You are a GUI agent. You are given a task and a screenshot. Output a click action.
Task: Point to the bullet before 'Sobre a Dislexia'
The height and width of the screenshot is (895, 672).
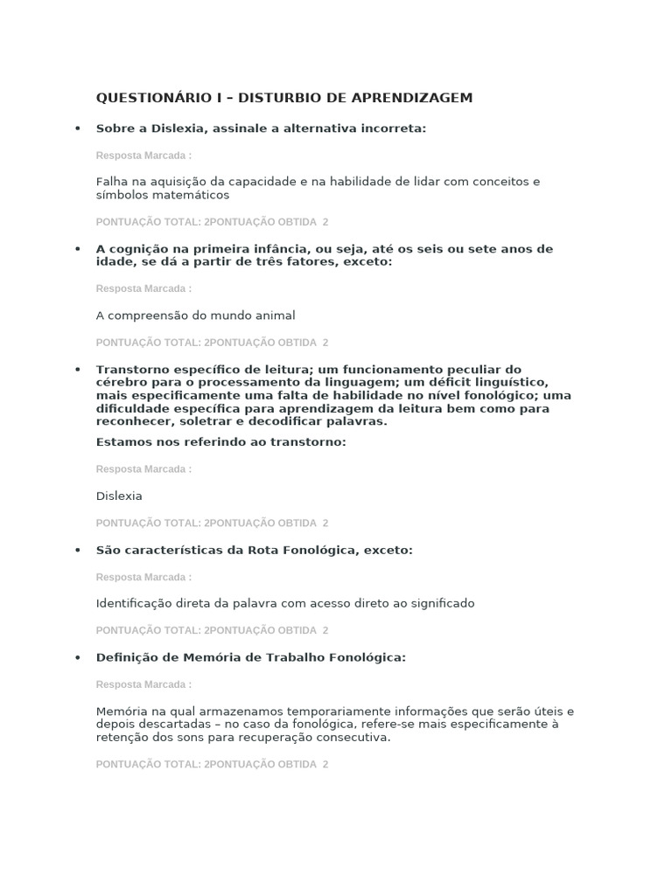tap(77, 128)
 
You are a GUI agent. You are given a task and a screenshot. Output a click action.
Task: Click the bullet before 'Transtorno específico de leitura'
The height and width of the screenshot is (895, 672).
tap(77, 370)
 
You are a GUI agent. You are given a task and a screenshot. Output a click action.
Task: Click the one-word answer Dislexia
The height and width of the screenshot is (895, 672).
tap(119, 496)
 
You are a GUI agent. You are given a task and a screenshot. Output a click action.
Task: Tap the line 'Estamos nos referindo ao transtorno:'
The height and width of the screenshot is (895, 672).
tap(221, 442)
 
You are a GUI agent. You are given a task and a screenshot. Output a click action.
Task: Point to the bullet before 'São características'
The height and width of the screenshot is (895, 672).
tap(77, 550)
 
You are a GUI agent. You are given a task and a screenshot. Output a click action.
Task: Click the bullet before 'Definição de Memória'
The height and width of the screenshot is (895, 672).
tap(77, 657)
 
